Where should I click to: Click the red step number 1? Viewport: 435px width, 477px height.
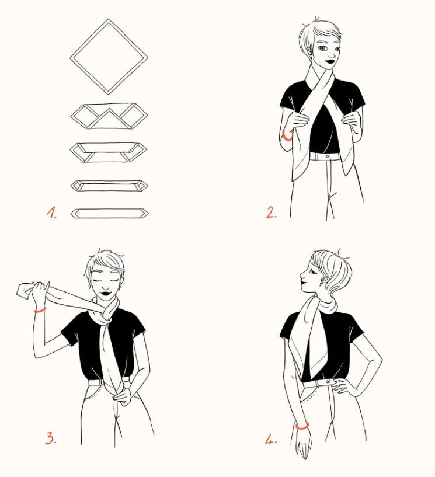(51, 213)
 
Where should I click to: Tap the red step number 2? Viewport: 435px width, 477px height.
(272, 213)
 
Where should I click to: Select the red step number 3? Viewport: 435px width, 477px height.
(51, 438)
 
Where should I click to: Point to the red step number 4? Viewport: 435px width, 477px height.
(271, 440)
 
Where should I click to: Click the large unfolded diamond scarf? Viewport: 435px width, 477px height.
(109, 57)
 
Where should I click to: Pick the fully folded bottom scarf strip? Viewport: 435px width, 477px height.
(110, 214)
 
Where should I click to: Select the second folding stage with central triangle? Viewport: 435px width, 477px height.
(109, 116)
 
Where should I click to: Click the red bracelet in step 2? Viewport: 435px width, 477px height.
(287, 136)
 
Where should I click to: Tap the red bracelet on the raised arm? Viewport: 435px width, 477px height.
(40, 311)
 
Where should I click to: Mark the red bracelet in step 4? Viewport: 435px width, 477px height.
(302, 426)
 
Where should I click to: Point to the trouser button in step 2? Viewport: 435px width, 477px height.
(327, 156)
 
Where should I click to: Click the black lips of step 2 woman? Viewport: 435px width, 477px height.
(329, 61)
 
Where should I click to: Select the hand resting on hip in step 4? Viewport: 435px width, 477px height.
(343, 386)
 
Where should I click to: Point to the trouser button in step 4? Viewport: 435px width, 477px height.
(328, 381)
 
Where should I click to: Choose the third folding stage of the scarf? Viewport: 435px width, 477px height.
(109, 152)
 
